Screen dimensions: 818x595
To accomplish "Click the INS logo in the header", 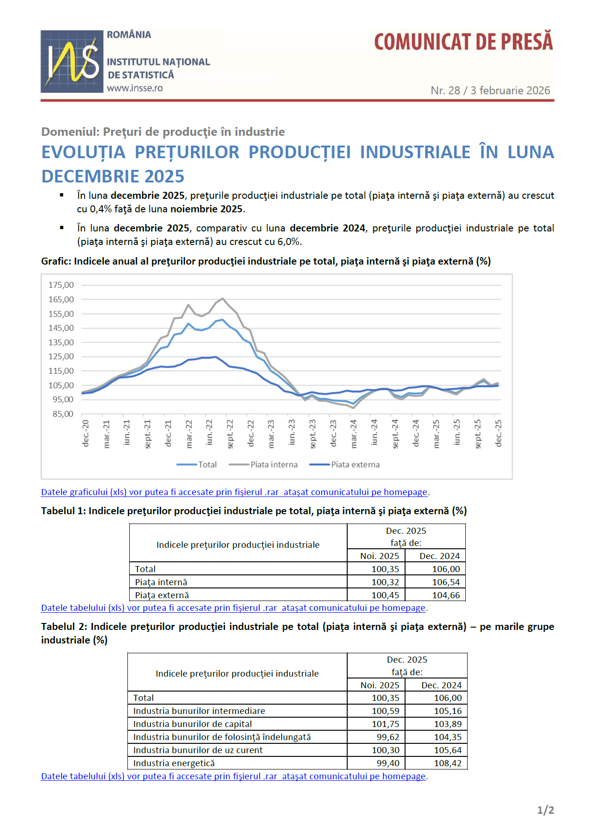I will (x=72, y=61).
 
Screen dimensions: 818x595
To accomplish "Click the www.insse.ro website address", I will (x=135, y=88).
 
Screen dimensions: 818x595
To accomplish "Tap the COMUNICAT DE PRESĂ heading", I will (x=463, y=42).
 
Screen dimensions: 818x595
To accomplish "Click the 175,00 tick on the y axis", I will (x=61, y=285).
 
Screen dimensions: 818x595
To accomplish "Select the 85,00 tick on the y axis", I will (x=63, y=414).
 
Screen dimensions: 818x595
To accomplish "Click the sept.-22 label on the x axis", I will (x=230, y=434).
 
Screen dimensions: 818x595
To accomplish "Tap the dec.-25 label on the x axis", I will (x=498, y=433).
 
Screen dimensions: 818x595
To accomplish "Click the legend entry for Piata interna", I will (x=273, y=465).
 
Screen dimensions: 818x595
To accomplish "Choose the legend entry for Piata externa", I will (x=355, y=465).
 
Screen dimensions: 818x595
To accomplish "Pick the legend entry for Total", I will (x=207, y=465).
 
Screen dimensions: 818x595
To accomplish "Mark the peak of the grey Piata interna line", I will (x=223, y=298).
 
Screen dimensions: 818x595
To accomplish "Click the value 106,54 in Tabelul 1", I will (x=446, y=582).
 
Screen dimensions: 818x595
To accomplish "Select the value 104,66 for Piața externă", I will (x=446, y=595).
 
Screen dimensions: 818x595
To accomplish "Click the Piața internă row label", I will (x=161, y=582).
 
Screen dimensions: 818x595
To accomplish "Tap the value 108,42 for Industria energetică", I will (x=448, y=763).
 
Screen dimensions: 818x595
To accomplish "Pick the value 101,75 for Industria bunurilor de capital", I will (x=385, y=724).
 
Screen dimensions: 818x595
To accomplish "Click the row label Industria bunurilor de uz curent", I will (x=198, y=750).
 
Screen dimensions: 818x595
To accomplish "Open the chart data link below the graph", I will (x=234, y=492).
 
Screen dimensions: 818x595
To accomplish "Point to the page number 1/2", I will (x=545, y=810).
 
